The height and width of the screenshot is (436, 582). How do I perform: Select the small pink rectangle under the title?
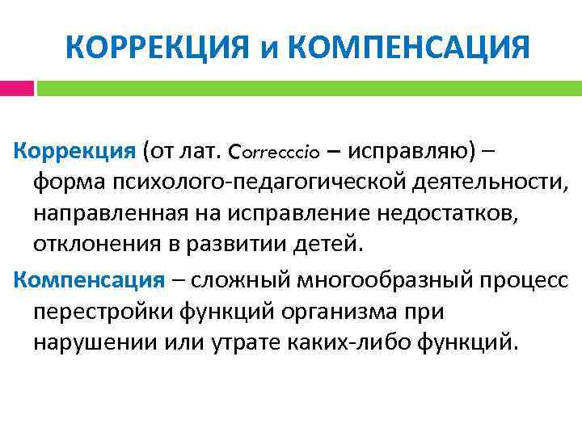click(17, 87)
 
